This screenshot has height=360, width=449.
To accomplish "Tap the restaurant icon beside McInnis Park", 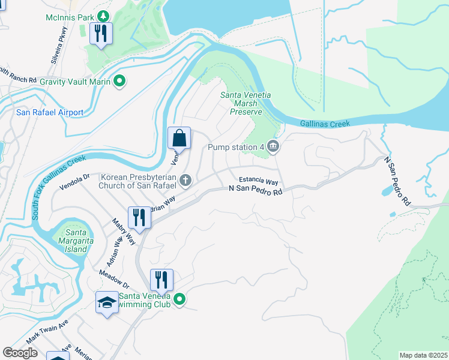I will click(x=101, y=34).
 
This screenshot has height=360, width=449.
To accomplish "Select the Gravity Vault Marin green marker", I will click(x=119, y=80).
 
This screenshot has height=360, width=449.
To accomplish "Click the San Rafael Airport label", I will click(x=50, y=112).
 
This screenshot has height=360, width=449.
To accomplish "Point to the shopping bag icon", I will click(x=179, y=138).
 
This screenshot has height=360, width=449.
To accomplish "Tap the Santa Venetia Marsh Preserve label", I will click(x=246, y=103).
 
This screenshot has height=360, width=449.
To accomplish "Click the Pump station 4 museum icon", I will click(x=273, y=146).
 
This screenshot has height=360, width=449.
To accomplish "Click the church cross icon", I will click(x=186, y=179).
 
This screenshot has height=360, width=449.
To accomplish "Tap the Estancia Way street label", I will click(x=259, y=181).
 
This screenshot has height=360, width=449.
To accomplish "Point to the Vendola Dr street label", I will click(x=74, y=181).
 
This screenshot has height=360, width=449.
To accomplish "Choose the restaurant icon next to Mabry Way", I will click(x=139, y=218).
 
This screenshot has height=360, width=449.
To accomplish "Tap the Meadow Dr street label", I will click(x=114, y=281).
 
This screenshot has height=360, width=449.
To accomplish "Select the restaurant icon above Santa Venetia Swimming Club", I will click(x=161, y=280).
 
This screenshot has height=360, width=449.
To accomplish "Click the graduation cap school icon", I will click(x=106, y=302).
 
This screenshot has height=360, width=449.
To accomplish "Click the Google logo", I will click(x=20, y=353).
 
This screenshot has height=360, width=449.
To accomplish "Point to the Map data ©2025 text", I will click(x=423, y=355).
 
